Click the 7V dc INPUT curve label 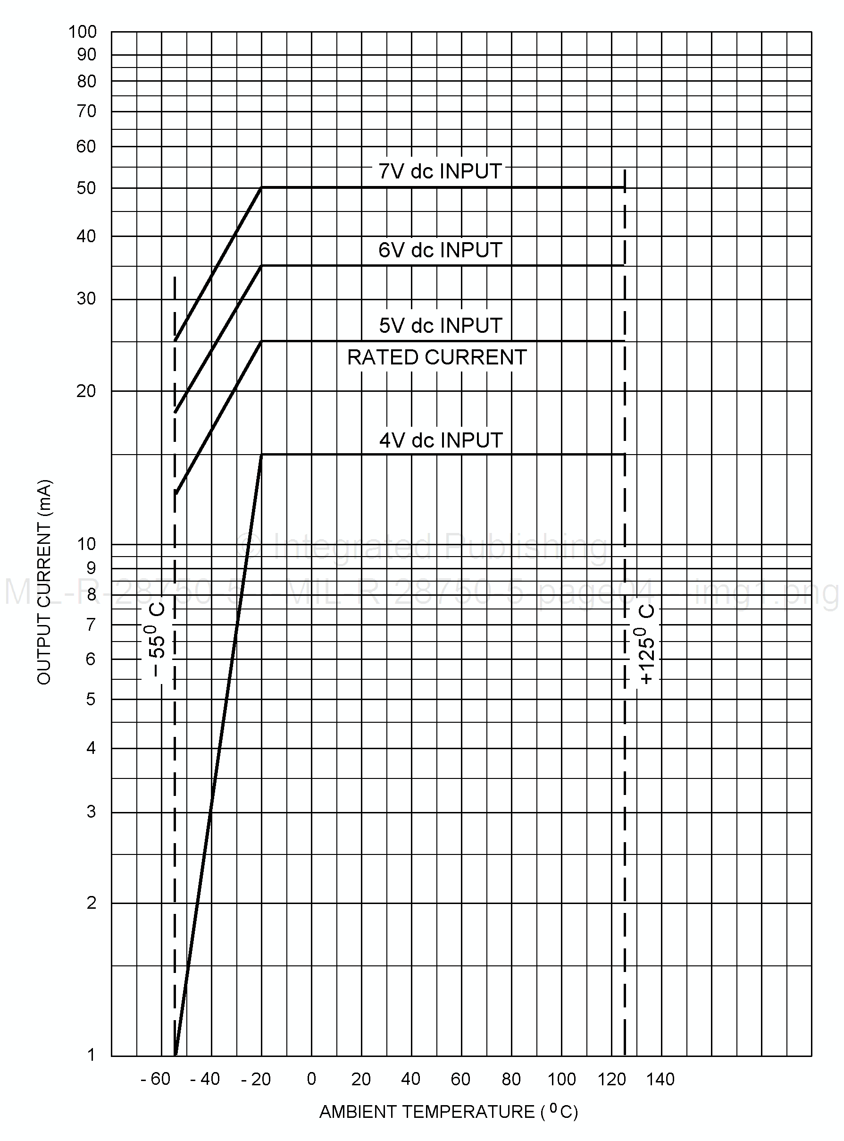click(x=440, y=171)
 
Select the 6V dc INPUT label click(x=440, y=250)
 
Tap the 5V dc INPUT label click(x=440, y=326)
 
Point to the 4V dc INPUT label click(x=440, y=440)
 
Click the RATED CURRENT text click(x=437, y=357)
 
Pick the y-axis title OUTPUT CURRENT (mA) click(x=44, y=582)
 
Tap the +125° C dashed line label click(x=646, y=644)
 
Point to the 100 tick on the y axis click(x=82, y=32)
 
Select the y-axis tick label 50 click(x=86, y=188)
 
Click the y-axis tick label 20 click(x=86, y=391)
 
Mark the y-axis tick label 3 click(x=91, y=811)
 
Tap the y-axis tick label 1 click(x=91, y=1054)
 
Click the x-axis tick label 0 click(x=312, y=1079)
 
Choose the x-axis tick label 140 click(x=660, y=1079)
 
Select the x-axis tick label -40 click(x=205, y=1079)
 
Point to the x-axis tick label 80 click(x=511, y=1079)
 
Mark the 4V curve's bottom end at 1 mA click(x=176, y=1055)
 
